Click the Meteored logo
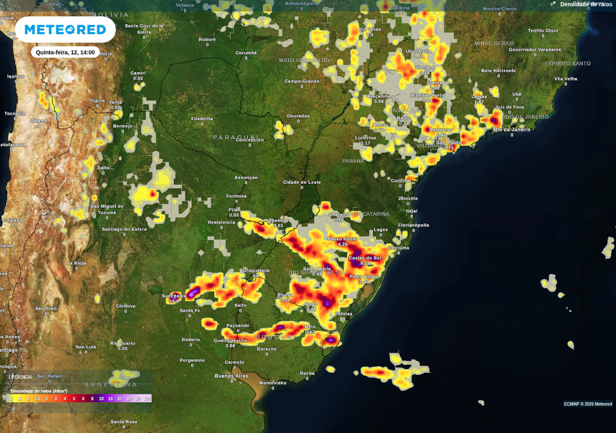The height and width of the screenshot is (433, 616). click(65, 29)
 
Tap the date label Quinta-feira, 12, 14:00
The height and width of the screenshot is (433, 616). click(66, 52)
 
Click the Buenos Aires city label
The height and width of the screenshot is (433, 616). click(232, 376)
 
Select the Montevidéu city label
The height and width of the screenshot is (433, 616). click(273, 382)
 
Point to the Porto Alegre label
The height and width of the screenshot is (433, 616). click(364, 277)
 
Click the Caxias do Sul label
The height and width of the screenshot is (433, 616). click(365, 258)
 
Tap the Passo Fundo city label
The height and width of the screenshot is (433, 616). click(342, 239)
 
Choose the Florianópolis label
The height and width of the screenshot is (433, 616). click(414, 226)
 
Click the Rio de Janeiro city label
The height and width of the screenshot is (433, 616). click(512, 129)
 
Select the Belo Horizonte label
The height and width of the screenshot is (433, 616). click(498, 70)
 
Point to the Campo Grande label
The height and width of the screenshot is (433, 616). click(301, 81)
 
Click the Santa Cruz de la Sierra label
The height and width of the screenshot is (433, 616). click(144, 28)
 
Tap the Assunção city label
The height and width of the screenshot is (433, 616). click(245, 177)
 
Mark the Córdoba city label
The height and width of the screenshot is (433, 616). click(125, 306)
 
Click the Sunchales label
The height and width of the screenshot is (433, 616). click(174, 296)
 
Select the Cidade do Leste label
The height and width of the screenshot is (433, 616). click(302, 182)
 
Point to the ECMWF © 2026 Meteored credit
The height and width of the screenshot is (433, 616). click(588, 404)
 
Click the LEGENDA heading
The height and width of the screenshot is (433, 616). click(20, 377)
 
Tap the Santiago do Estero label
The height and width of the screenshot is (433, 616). click(124, 229)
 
